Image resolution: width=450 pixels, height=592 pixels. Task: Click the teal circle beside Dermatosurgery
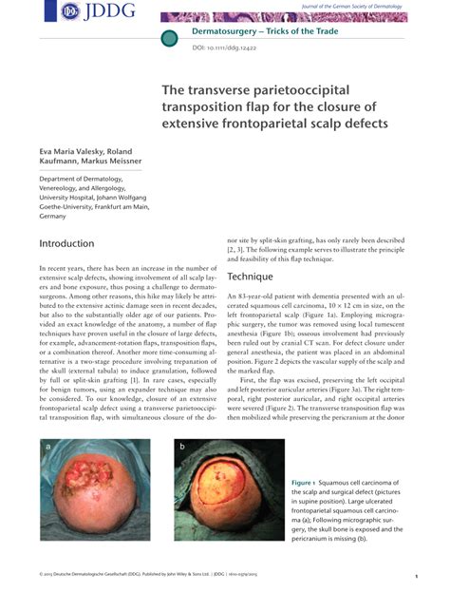[169, 38]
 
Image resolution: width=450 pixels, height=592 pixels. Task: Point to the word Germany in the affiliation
[53, 217]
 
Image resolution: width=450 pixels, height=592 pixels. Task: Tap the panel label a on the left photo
[47, 445]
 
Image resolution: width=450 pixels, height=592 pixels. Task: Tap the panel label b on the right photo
[182, 445]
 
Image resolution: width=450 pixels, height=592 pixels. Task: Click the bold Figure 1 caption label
[309, 484]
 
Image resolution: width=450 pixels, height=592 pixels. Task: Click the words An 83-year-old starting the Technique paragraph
[254, 297]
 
